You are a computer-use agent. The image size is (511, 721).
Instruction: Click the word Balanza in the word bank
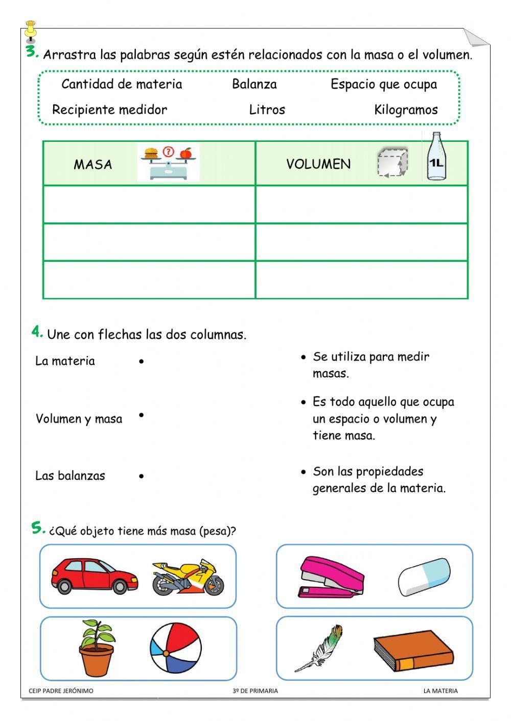[x=254, y=84]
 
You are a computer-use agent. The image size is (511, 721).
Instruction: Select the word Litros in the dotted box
[x=267, y=110]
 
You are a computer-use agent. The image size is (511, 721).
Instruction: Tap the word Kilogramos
[x=406, y=110]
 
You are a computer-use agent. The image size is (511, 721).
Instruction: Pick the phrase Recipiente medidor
[x=109, y=110]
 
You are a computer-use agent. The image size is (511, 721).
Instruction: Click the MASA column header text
[x=93, y=164]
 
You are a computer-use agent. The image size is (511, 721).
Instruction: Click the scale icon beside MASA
[x=168, y=163]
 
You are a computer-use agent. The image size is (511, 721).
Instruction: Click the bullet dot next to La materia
[x=142, y=362]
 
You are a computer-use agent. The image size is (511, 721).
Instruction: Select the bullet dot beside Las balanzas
[x=142, y=476]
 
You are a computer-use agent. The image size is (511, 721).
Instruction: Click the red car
[x=95, y=576]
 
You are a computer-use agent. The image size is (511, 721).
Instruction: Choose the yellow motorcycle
[x=188, y=577]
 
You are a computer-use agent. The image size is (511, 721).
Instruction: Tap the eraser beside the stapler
[x=424, y=577]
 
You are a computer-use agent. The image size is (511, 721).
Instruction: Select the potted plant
[x=97, y=648]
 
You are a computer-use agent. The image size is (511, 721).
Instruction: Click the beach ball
[x=176, y=648]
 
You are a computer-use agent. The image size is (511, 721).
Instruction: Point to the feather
[x=319, y=648]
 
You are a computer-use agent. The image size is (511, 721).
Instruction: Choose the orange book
[x=413, y=653]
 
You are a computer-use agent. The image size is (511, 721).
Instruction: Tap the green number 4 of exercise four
[x=37, y=332]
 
